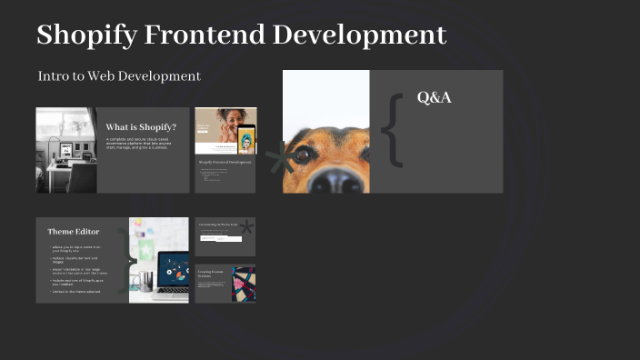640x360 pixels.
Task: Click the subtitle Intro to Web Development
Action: pyautogui.click(x=119, y=76)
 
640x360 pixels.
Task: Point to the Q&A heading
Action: pyautogui.click(x=434, y=97)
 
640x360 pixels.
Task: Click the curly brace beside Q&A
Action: pyautogui.click(x=392, y=130)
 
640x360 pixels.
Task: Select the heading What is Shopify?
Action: pyautogui.click(x=141, y=127)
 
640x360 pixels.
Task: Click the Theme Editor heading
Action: pyautogui.click(x=74, y=232)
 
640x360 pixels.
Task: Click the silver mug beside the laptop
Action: pyautogui.click(x=145, y=281)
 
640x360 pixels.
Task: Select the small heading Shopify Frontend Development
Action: pyautogui.click(x=225, y=162)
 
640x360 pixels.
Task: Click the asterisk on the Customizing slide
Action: pyautogui.click(x=245, y=229)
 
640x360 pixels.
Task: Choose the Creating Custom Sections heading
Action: pyautogui.click(x=210, y=274)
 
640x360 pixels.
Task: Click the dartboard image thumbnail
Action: pyautogui.click(x=244, y=283)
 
